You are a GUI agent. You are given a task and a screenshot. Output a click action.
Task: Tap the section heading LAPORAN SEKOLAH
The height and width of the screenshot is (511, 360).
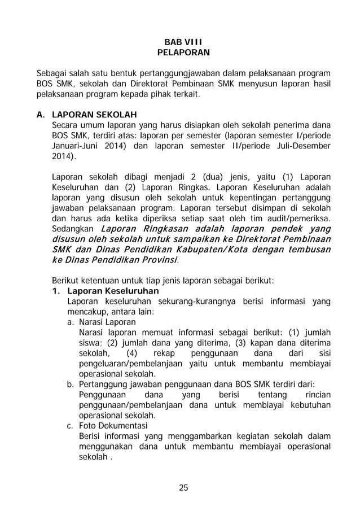pos(94,115)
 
